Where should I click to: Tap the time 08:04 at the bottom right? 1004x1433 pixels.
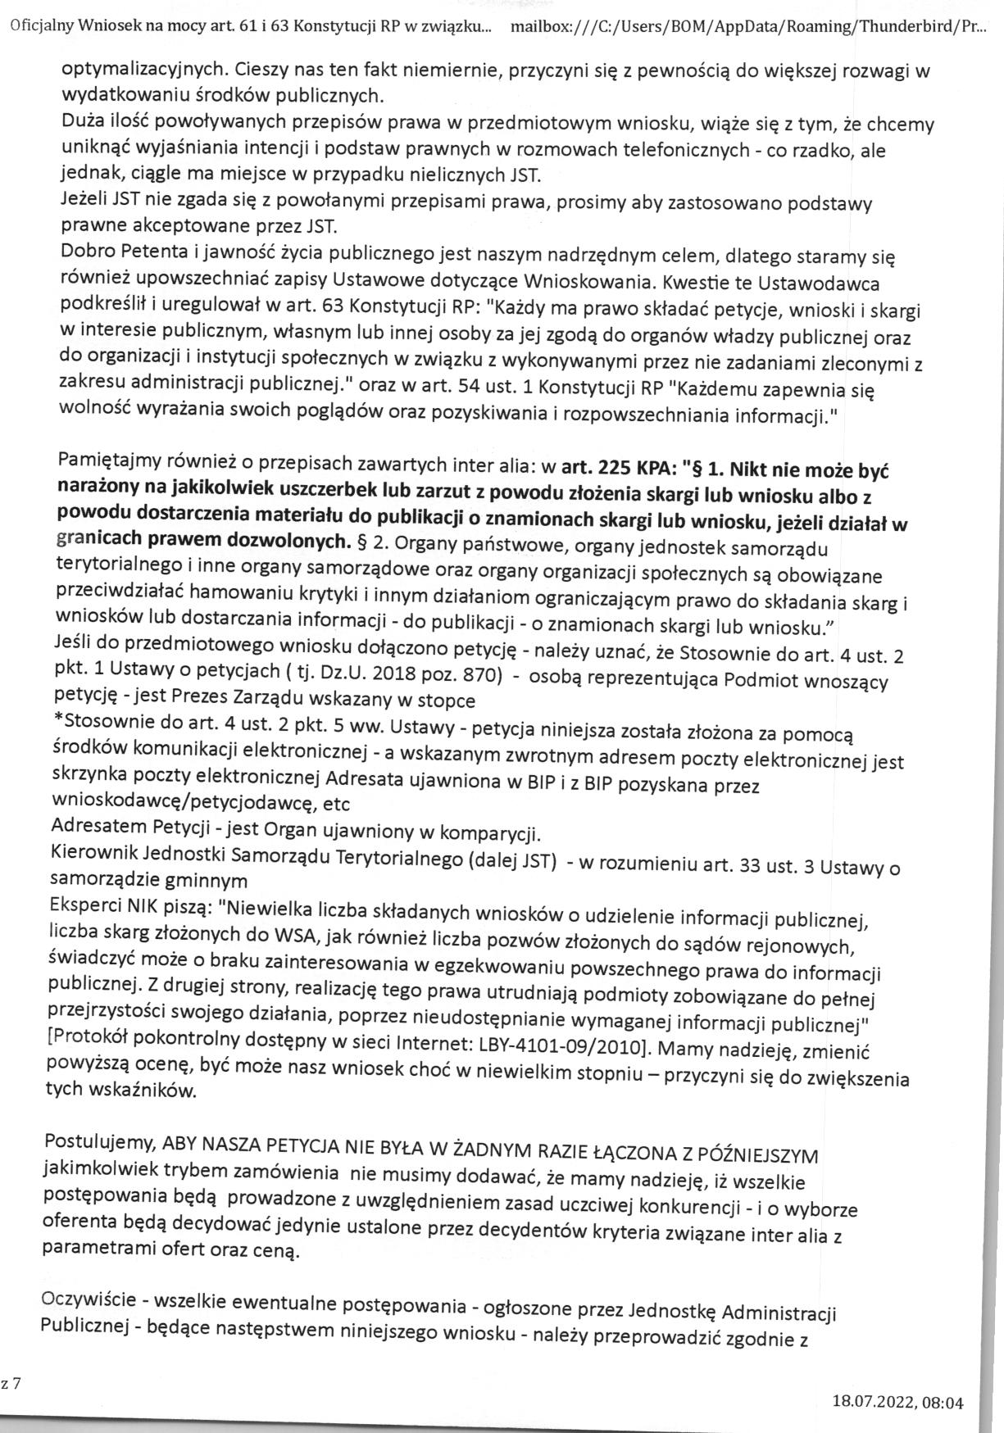(x=943, y=1403)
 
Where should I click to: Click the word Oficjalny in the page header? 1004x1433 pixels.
(x=41, y=25)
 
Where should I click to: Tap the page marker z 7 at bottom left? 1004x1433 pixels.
(x=11, y=1384)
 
